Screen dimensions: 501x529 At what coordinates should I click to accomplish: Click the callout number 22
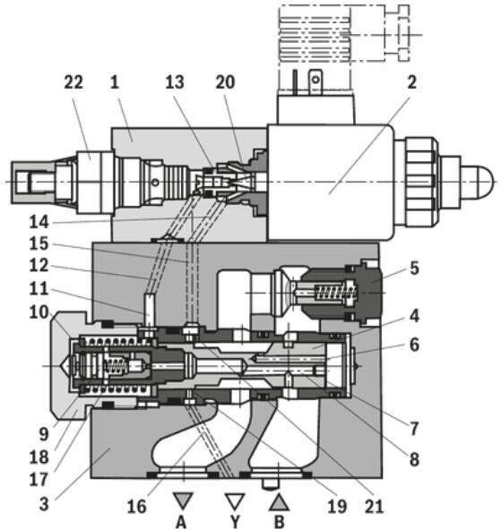[73, 82]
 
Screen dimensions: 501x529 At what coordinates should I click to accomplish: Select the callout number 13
[175, 82]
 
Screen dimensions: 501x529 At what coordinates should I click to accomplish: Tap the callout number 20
[225, 82]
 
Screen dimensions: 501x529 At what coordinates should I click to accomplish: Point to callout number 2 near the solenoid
[411, 82]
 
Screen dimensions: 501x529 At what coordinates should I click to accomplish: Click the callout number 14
[39, 222]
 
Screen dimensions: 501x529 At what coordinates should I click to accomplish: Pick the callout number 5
[414, 269]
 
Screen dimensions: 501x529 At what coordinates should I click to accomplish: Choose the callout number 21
[375, 506]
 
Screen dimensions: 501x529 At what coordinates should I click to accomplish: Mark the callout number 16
[136, 506]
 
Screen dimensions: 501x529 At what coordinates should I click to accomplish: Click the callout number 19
[337, 506]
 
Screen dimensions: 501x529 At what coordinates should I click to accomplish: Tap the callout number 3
[44, 504]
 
